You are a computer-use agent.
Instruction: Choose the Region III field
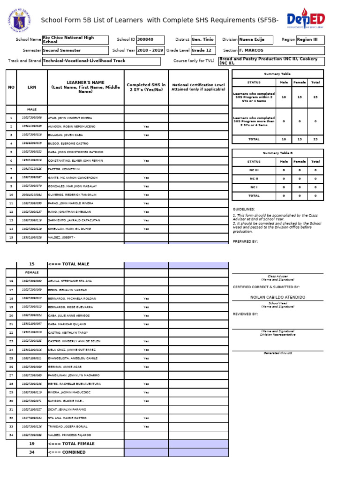[x=310, y=40]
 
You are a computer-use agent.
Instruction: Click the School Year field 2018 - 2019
[x=150, y=50]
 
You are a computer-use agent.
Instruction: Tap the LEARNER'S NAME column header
[x=85, y=87]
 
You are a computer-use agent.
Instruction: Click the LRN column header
[x=31, y=87]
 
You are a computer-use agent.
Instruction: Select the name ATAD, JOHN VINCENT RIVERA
[x=70, y=118]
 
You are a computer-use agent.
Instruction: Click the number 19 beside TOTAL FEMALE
[x=32, y=443]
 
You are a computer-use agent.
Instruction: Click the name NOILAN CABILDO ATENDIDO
[x=277, y=297]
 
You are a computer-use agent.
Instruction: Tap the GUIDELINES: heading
[x=244, y=209]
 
